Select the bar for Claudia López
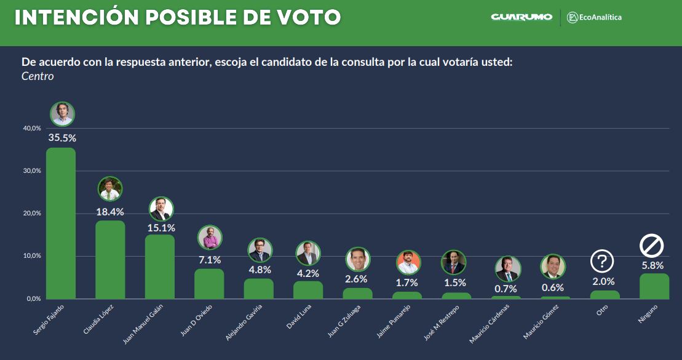110,259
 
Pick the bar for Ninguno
654,286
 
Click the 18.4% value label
110,212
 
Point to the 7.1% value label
209,260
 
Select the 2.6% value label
357,279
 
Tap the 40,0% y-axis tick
32,128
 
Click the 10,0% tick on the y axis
32,256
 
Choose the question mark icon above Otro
602,262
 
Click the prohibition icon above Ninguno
652,246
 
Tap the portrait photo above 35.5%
62,114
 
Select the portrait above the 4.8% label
260,250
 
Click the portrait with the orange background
408,263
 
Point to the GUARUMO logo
521,17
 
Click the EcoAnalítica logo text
600,17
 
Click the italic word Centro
38,77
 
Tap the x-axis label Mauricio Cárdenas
497,324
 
